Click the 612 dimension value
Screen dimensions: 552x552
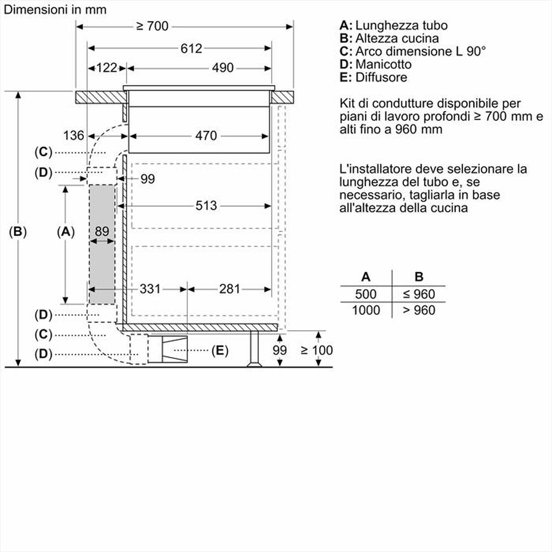[191, 49]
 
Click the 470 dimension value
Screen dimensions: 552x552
[205, 135]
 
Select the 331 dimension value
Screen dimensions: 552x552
[150, 288]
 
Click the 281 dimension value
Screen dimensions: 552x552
[230, 288]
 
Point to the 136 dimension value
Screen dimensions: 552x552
[73, 135]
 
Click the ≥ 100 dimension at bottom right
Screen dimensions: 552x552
[316, 350]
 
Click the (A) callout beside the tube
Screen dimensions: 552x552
[66, 232]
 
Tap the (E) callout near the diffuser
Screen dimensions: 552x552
[219, 350]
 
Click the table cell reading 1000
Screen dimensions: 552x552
[366, 310]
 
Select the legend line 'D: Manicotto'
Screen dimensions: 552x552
[375, 65]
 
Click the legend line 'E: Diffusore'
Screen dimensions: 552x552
[373, 77]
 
